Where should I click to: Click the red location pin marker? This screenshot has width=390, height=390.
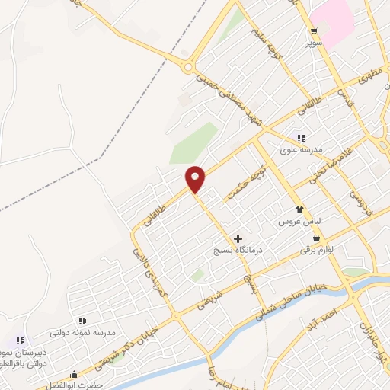196,179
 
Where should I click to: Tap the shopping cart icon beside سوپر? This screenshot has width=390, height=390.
314,31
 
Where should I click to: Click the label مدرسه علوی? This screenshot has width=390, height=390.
298,149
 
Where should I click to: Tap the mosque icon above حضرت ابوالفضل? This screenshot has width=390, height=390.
75,374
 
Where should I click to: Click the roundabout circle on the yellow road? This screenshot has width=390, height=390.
187,67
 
